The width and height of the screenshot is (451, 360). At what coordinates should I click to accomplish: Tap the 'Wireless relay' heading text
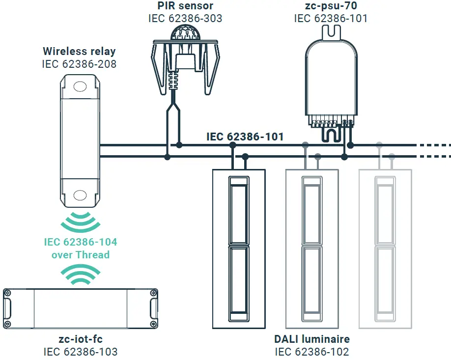point(80,51)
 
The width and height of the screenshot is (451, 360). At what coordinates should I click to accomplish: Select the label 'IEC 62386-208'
point(80,63)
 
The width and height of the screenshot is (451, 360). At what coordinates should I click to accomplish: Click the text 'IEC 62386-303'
point(185,18)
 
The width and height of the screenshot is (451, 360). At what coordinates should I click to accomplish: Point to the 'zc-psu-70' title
point(331,6)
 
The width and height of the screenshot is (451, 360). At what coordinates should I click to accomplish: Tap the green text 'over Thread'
point(81,254)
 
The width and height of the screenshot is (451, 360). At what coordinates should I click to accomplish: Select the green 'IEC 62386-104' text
point(81,242)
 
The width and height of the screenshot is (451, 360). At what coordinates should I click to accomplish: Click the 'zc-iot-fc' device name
point(80,339)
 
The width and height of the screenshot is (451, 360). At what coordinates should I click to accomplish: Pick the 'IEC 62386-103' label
point(80,352)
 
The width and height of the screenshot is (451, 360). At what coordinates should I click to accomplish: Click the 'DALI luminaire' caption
point(312,339)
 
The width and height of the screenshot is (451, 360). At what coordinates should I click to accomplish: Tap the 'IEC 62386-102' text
point(312,352)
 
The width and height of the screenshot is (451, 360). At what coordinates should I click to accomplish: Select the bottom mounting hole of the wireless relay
point(79,196)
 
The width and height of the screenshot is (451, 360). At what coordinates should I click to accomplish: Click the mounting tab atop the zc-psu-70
point(330,32)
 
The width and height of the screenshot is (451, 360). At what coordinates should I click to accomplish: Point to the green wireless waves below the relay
point(80,222)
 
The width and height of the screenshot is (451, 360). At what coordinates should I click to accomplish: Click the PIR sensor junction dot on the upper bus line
point(179,145)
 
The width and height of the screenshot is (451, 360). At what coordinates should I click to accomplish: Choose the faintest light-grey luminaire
point(385,248)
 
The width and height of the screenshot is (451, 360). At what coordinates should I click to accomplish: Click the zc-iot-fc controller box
point(80,308)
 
